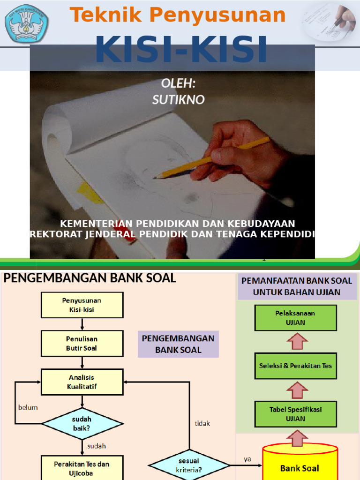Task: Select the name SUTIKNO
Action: click(179, 99)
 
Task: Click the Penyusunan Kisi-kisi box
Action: click(82, 305)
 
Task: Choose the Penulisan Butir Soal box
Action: click(82, 343)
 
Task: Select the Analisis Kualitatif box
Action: click(82, 382)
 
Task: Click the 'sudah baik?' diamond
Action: click(82, 423)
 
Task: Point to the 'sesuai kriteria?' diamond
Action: click(189, 465)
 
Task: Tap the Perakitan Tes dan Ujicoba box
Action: click(82, 468)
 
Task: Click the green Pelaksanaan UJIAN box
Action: click(295, 318)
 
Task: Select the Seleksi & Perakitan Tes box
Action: click(295, 366)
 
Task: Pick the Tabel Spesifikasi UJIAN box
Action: click(295, 414)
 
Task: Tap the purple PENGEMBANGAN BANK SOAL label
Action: click(178, 344)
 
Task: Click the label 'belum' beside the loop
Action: click(28, 407)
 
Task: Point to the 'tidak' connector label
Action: click(202, 423)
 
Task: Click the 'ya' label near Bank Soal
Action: click(247, 459)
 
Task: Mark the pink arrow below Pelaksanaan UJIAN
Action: click(296, 341)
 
